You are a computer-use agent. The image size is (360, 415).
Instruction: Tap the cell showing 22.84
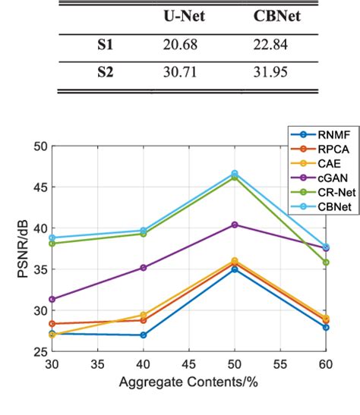[271, 46]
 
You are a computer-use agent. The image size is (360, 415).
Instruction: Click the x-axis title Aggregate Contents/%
[188, 382]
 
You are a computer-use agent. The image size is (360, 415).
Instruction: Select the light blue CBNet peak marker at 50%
[234, 174]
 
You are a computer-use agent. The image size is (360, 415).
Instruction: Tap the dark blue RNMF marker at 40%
[143, 335]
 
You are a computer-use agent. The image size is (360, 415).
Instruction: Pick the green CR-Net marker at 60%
[326, 262]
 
